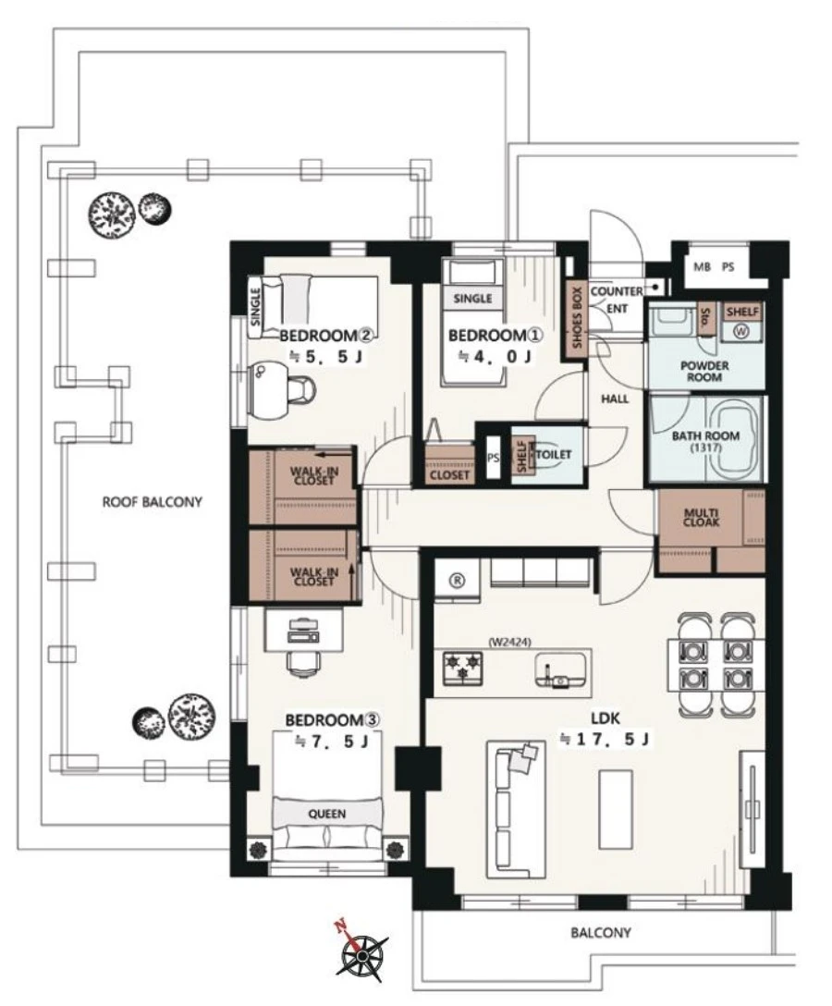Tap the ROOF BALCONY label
(x=152, y=502)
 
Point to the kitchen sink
(x=560, y=671)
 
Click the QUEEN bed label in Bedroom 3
(x=327, y=814)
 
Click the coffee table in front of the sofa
(x=616, y=802)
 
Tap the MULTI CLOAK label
(x=701, y=517)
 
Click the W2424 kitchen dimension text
(x=510, y=641)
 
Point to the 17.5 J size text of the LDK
(x=605, y=739)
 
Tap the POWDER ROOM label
(x=704, y=372)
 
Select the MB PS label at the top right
(x=714, y=267)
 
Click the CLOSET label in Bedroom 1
(x=449, y=475)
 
